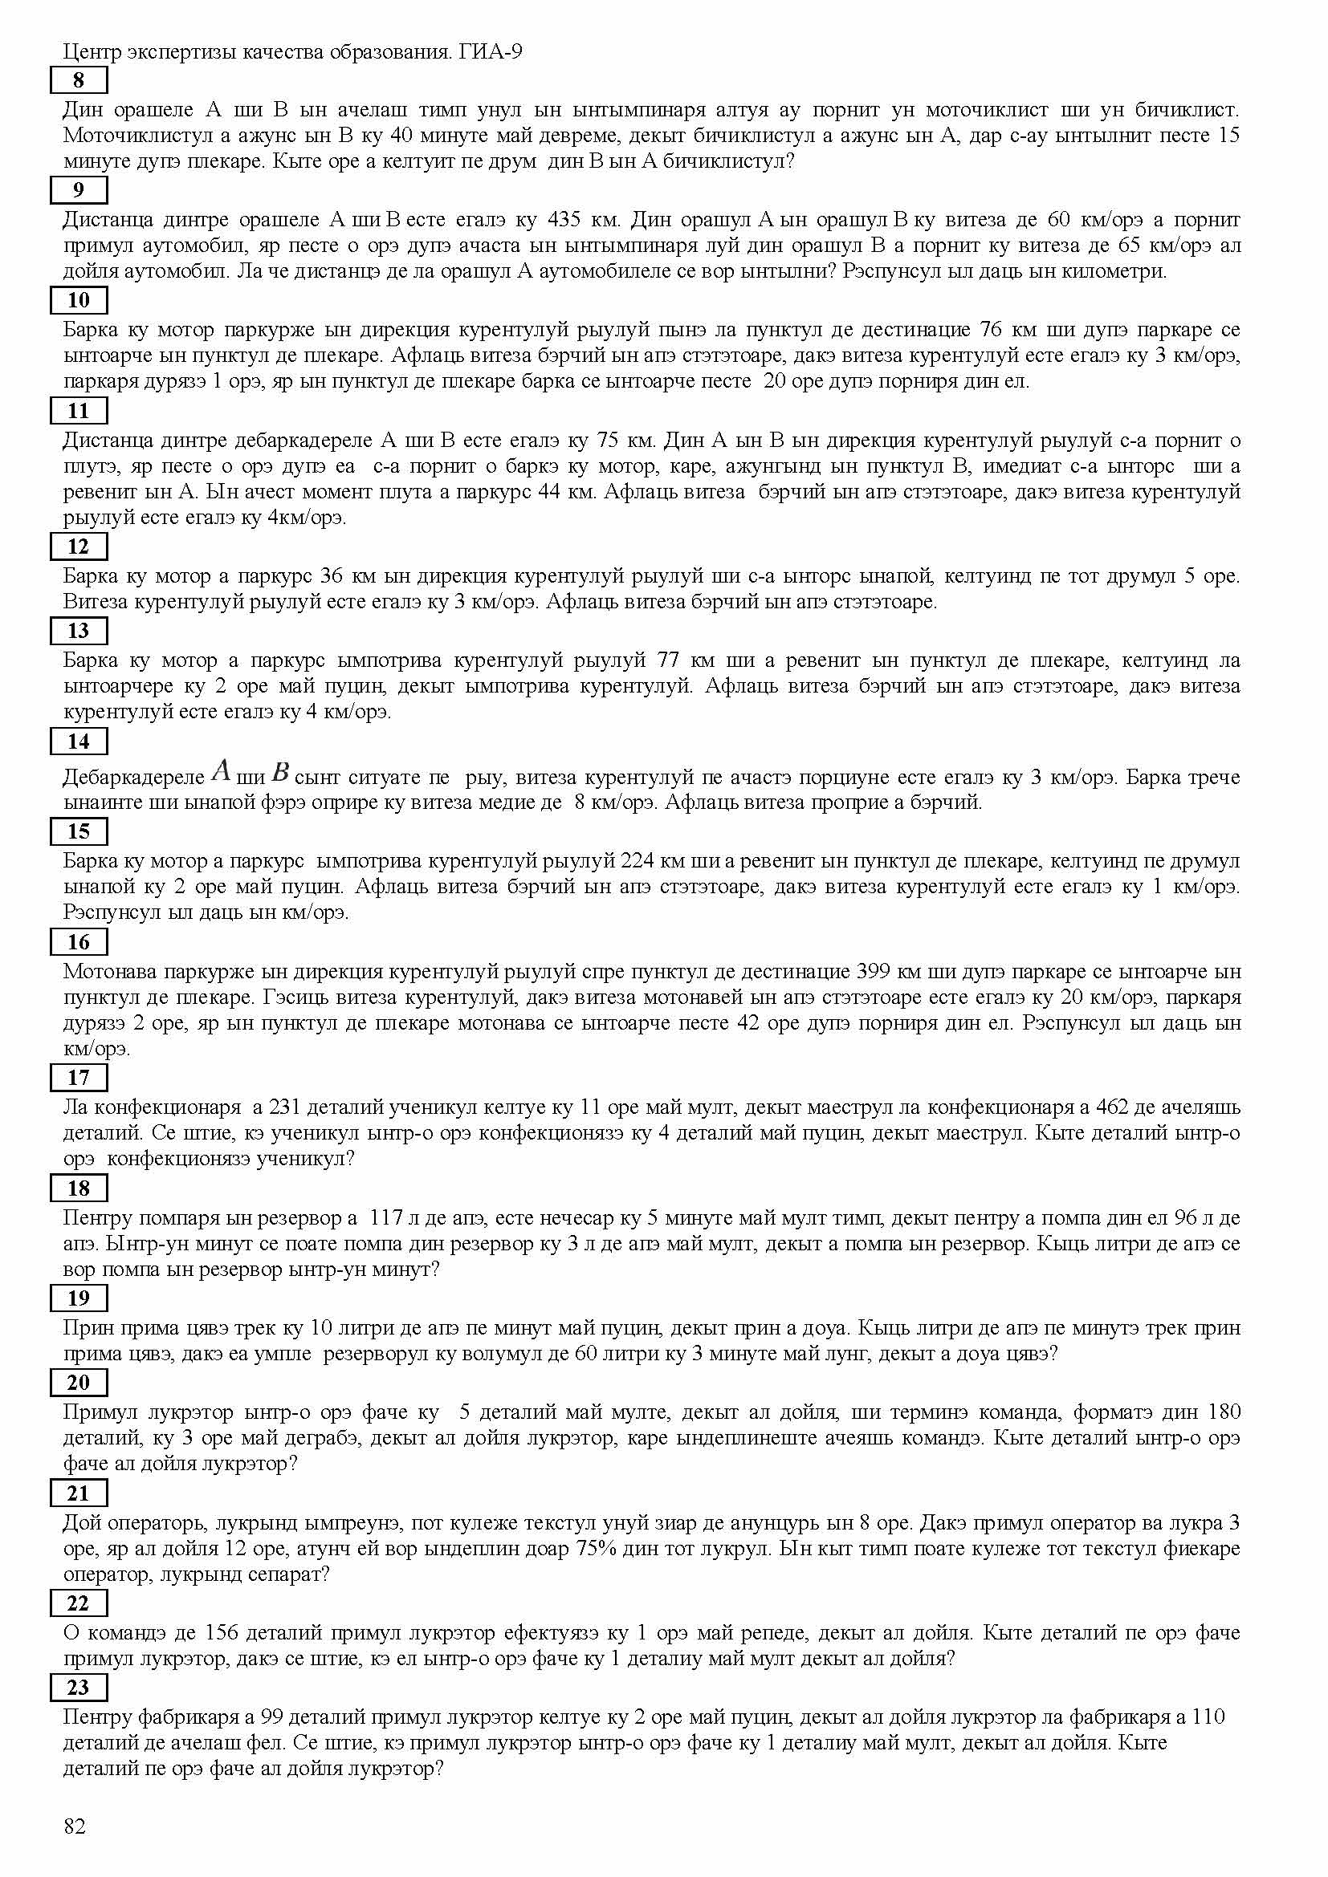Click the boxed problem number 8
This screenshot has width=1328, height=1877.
[79, 80]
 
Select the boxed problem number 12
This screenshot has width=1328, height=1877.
[79, 546]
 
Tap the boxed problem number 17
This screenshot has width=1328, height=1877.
[79, 1078]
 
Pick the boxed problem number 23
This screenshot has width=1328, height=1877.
[79, 1688]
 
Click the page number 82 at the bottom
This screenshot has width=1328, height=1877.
[75, 1826]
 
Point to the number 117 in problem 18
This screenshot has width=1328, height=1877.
[387, 1218]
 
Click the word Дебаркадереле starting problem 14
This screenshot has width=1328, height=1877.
[133, 778]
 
